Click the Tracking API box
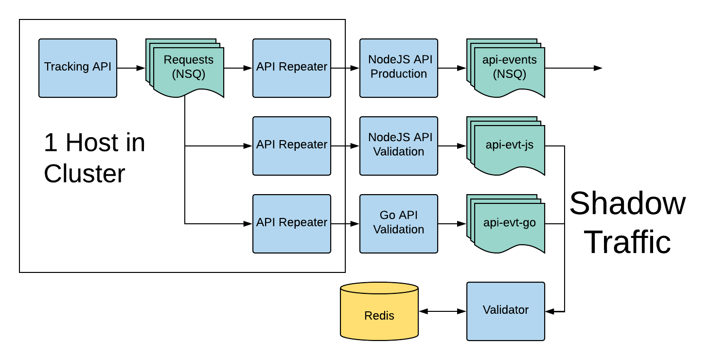(x=78, y=68)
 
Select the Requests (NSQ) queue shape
(x=188, y=68)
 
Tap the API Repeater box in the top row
(x=292, y=68)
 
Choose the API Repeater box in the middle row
(x=292, y=146)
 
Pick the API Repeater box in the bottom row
(x=292, y=224)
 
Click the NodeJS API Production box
(x=399, y=68)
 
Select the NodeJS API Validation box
(x=399, y=146)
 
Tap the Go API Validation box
(x=399, y=224)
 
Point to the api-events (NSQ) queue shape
(x=508, y=68)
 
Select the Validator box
(x=506, y=311)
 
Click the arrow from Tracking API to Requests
(x=130, y=68)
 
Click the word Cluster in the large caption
(x=85, y=174)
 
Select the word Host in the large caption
(x=92, y=143)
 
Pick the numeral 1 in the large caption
(x=51, y=143)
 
